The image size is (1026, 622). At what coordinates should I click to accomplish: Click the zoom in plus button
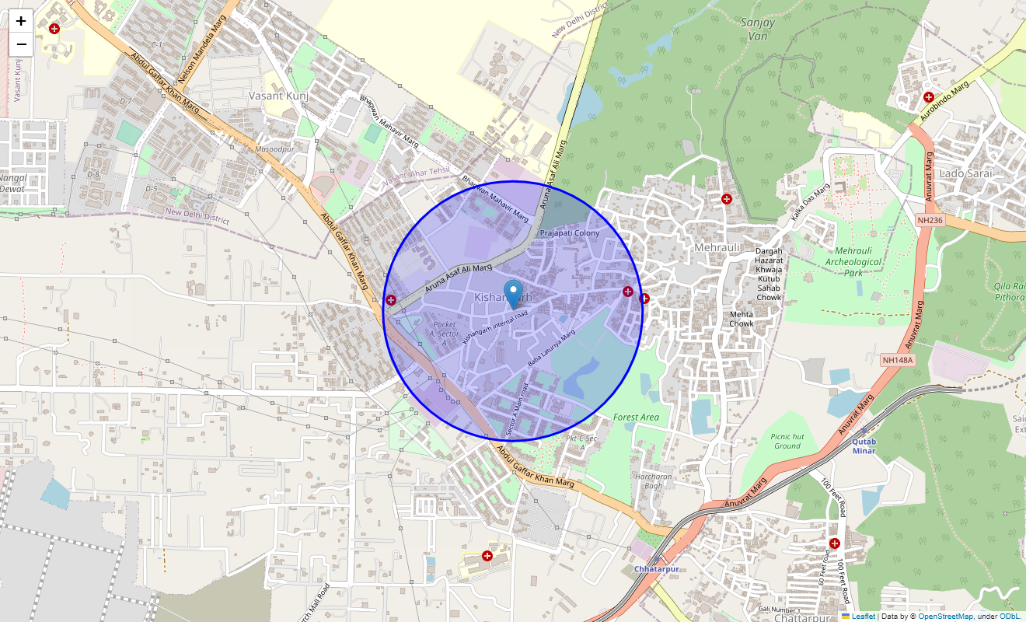click(x=21, y=21)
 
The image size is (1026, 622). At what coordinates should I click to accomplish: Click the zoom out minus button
click(x=21, y=44)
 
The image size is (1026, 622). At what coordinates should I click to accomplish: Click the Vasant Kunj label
click(x=278, y=96)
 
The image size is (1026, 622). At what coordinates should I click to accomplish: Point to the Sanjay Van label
click(x=758, y=29)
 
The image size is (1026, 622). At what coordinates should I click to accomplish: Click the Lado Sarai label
click(x=966, y=173)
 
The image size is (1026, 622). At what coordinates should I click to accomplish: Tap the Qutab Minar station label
click(x=864, y=446)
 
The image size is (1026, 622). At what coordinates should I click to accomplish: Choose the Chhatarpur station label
click(x=657, y=569)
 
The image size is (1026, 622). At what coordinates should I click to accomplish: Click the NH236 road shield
click(x=929, y=220)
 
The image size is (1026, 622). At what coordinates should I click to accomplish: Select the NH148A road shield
click(x=898, y=360)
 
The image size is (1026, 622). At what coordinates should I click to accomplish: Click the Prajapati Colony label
click(x=570, y=233)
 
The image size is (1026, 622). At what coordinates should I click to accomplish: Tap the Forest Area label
click(x=636, y=418)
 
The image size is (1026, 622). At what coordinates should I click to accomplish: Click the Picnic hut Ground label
click(x=787, y=441)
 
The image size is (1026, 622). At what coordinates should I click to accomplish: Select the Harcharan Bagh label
click(x=653, y=481)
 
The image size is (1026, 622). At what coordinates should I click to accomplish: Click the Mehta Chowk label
click(x=742, y=319)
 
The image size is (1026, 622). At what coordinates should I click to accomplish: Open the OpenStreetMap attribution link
click(x=945, y=617)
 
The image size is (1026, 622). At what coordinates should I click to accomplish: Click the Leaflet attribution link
click(x=863, y=617)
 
